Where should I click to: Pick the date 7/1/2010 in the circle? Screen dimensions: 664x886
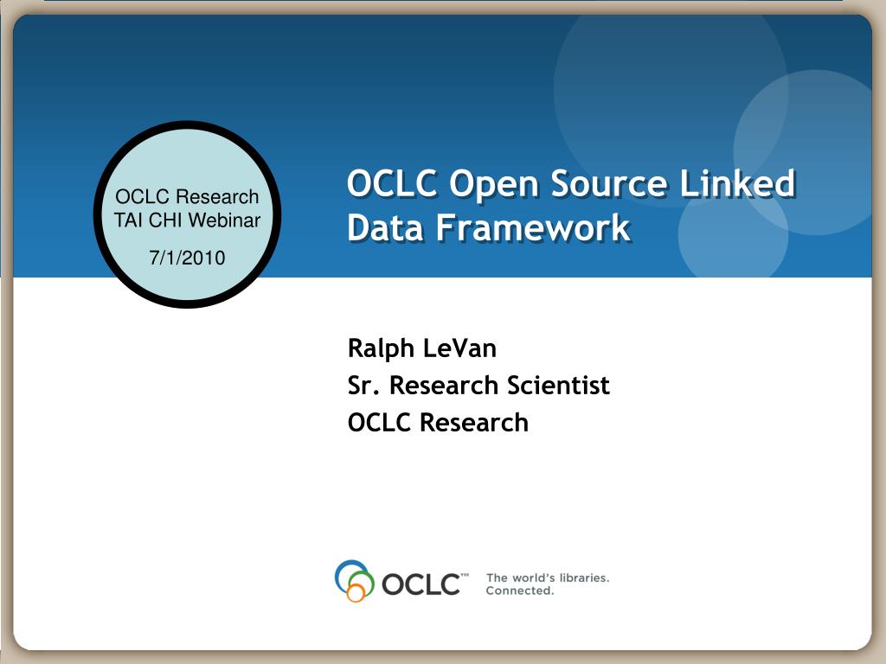pos(187,258)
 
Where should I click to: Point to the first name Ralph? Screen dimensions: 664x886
pos(382,348)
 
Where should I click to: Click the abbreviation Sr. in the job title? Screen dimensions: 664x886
pos(363,386)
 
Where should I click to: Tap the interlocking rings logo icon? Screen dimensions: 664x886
pos(353,580)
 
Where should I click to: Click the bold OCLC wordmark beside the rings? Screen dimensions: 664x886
pos(421,584)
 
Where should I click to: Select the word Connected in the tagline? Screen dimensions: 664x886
pos(519,591)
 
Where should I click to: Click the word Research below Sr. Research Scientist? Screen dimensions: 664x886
pos(474,423)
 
